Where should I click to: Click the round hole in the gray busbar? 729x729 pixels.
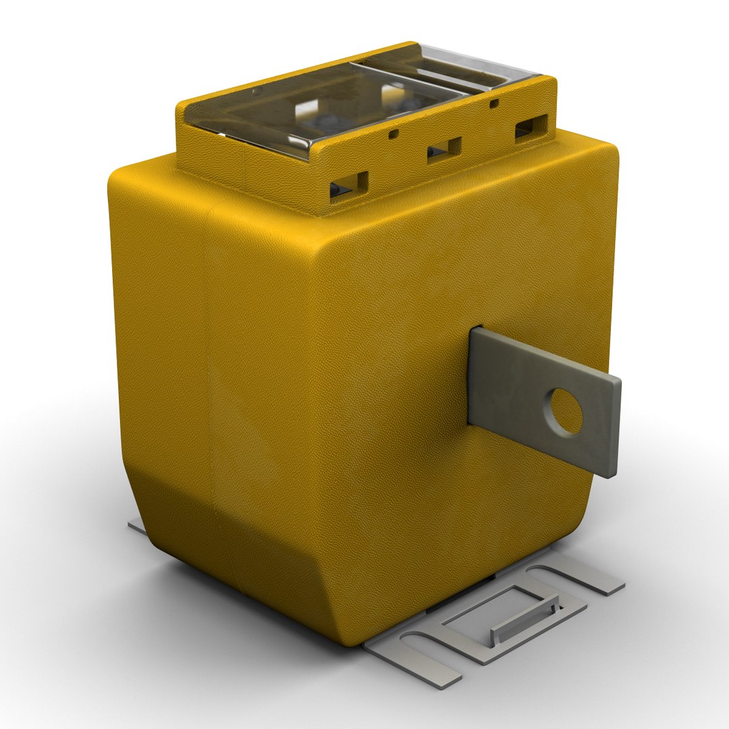[x=566, y=411]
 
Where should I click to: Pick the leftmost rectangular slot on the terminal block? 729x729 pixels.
[x=348, y=185]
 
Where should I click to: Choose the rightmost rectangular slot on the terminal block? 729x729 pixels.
[x=532, y=126]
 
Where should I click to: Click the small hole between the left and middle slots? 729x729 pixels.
[x=394, y=134]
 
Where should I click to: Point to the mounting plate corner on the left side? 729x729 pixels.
[x=136, y=526]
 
